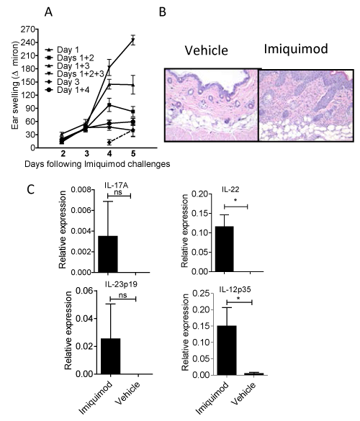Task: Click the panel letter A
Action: tap(48, 12)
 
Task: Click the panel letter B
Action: tap(163, 12)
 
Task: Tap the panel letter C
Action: tap(31, 189)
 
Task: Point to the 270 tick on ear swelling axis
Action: tap(27, 29)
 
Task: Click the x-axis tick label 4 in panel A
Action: tap(109, 153)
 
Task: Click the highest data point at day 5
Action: tap(133, 40)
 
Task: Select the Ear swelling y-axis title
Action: tap(15, 86)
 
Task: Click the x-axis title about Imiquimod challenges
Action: tap(97, 164)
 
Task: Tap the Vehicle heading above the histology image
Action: tap(207, 50)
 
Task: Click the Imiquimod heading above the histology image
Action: tap(296, 49)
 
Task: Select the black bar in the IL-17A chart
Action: tap(108, 254)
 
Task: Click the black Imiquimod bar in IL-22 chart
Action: tap(224, 249)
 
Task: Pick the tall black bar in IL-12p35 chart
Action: tap(227, 350)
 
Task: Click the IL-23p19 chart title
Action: tap(121, 284)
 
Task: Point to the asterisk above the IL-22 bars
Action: tap(235, 201)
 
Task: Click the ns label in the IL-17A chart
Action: tap(118, 191)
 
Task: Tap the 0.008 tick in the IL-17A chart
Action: tap(81, 189)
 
